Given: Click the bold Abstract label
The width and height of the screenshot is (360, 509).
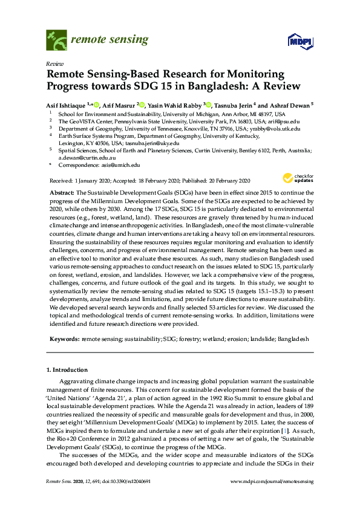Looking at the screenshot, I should (62, 191).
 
